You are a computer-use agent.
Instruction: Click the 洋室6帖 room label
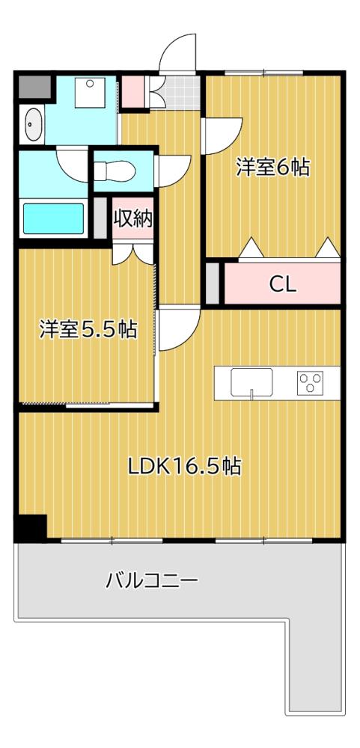[272, 168]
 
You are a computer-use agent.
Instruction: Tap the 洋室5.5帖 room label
[88, 329]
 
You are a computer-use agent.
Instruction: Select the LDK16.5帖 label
[183, 466]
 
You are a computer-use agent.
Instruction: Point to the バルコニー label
[152, 580]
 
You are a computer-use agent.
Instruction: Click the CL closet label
[282, 284]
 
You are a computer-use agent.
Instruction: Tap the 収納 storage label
[133, 218]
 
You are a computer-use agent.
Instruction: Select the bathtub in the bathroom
[52, 218]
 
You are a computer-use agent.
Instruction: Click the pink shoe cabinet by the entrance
[134, 90]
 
